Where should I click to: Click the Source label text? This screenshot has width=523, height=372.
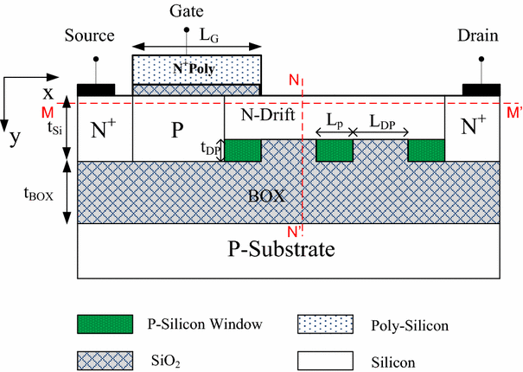point(90,36)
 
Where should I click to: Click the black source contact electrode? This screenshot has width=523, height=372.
point(96,89)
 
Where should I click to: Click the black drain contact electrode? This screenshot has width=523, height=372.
point(482,89)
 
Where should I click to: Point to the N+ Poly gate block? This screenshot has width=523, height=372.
point(196,68)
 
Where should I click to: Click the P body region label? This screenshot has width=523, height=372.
point(177,131)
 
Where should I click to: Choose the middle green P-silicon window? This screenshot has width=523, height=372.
point(335,150)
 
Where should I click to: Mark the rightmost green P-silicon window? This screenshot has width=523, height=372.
point(425,150)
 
